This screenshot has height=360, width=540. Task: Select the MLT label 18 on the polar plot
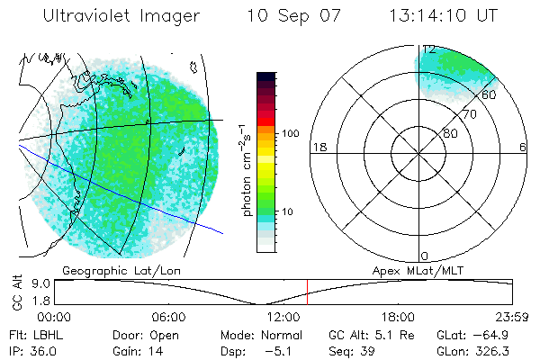318,148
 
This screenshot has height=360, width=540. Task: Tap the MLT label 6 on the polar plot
523,148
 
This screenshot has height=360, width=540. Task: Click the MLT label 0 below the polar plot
425,256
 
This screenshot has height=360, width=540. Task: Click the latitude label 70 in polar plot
468,114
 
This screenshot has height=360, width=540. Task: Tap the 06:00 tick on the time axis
168,317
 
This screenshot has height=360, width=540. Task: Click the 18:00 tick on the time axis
398,317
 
